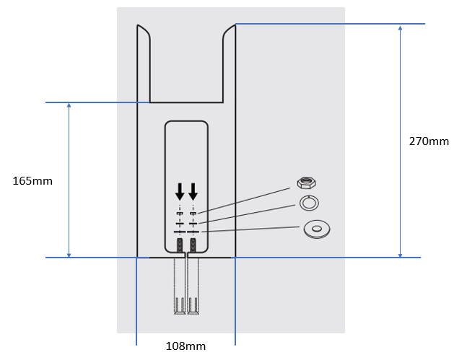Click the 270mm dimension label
(429, 141)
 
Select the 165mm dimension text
(32, 180)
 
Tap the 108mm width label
(186, 346)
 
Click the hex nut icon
(308, 182)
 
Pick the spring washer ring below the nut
(309, 204)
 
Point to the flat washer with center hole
(315, 229)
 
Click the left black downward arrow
(180, 192)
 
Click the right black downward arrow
(193, 192)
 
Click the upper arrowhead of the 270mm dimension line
(400, 28)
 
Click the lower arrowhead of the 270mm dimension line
(400, 253)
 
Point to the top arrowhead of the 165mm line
(69, 107)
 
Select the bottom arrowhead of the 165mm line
(69, 253)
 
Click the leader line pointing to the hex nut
(245, 198)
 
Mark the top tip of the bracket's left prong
(139, 26)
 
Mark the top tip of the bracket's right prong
(233, 26)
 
